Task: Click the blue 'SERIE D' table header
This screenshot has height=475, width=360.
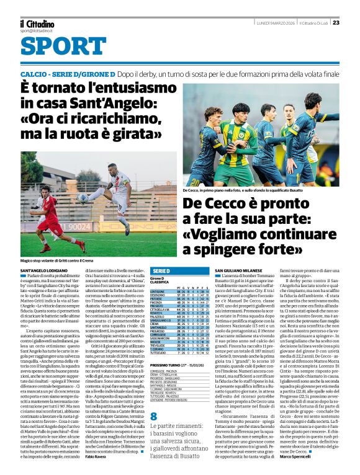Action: (161, 271)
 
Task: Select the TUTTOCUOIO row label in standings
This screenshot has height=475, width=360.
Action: (158, 353)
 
